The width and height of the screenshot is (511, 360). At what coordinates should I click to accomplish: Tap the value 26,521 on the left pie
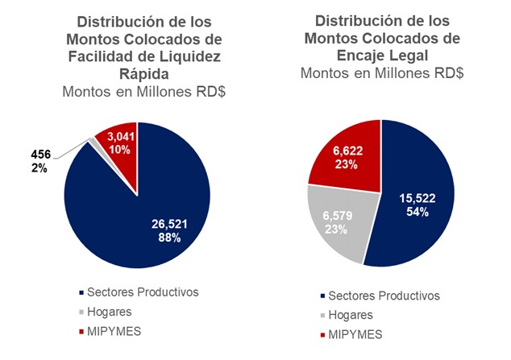click(172, 224)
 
